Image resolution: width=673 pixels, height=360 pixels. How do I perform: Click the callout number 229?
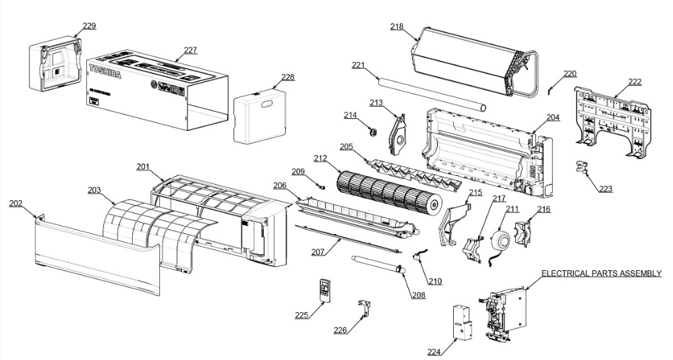tap(89, 26)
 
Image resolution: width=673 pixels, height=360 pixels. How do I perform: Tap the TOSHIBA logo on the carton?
tap(106, 69)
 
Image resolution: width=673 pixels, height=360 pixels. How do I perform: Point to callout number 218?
tap(397, 26)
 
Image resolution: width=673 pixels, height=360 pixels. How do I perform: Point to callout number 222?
tap(635, 82)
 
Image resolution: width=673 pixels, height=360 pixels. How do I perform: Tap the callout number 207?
tap(318, 252)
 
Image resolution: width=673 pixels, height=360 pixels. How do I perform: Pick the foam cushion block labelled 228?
tap(260, 117)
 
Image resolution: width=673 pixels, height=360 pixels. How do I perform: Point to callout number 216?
tap(544, 210)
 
